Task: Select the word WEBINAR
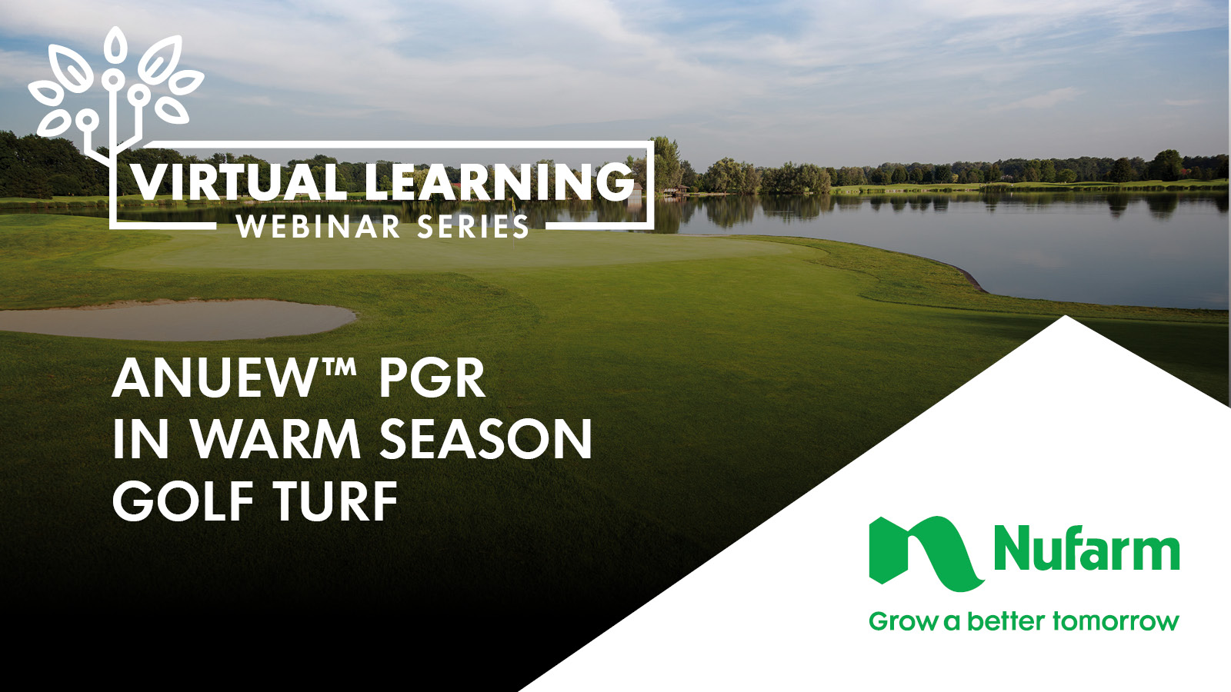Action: (x=319, y=226)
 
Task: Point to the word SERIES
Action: (x=472, y=226)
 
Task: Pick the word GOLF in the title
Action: (x=183, y=501)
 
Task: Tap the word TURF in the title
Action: (x=335, y=501)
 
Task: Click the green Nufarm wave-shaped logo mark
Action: (x=926, y=554)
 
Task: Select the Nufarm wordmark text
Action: (x=1086, y=548)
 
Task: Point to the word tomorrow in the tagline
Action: (x=1116, y=622)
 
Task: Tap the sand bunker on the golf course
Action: (x=176, y=319)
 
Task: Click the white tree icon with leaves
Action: (x=115, y=93)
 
